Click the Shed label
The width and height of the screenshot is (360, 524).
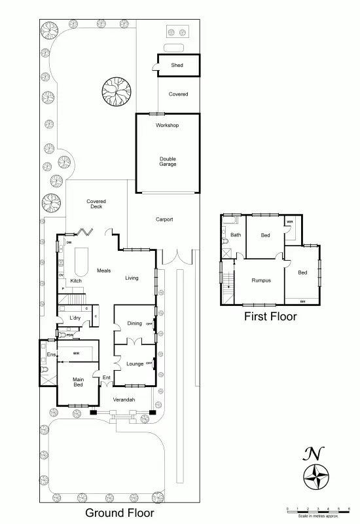[177, 65]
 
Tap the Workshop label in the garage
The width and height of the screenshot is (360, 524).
[167, 125]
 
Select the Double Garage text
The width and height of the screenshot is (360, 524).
[168, 162]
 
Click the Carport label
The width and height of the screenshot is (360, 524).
[164, 219]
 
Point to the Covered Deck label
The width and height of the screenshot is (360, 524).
[96, 204]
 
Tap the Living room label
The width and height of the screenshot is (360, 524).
[132, 278]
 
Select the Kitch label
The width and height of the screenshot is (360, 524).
[76, 281]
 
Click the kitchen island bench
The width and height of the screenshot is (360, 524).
[82, 263]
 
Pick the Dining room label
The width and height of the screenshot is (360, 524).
[134, 323]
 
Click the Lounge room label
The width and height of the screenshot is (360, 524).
[134, 363]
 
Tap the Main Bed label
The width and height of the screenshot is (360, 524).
[78, 382]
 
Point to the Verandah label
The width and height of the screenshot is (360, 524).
[124, 399]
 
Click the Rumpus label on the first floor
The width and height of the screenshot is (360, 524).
[261, 280]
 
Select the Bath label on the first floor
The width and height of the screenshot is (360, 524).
[236, 234]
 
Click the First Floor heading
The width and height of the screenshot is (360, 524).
[270, 316]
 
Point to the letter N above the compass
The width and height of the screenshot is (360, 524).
[314, 453]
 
